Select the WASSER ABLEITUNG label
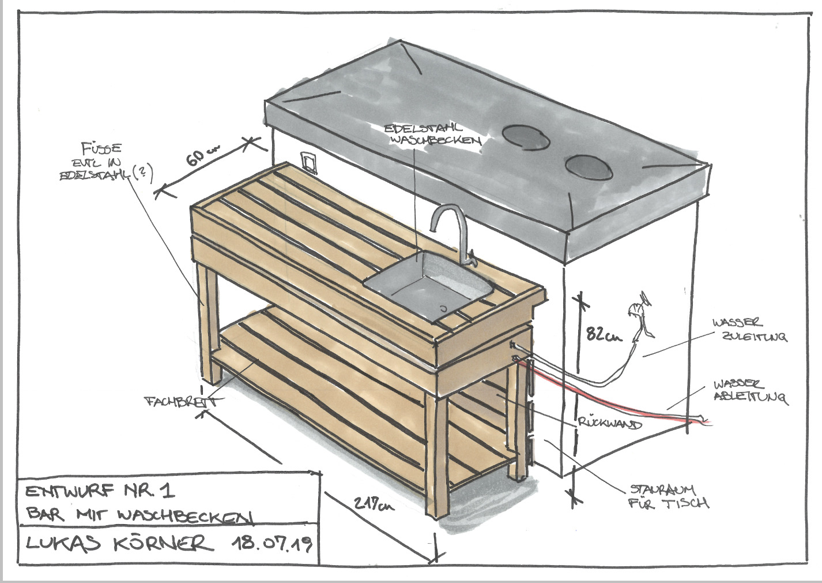[x=749, y=390]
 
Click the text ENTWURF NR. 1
[x=99, y=492]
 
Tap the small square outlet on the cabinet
[x=308, y=162]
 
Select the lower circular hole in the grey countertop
[x=588, y=166]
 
